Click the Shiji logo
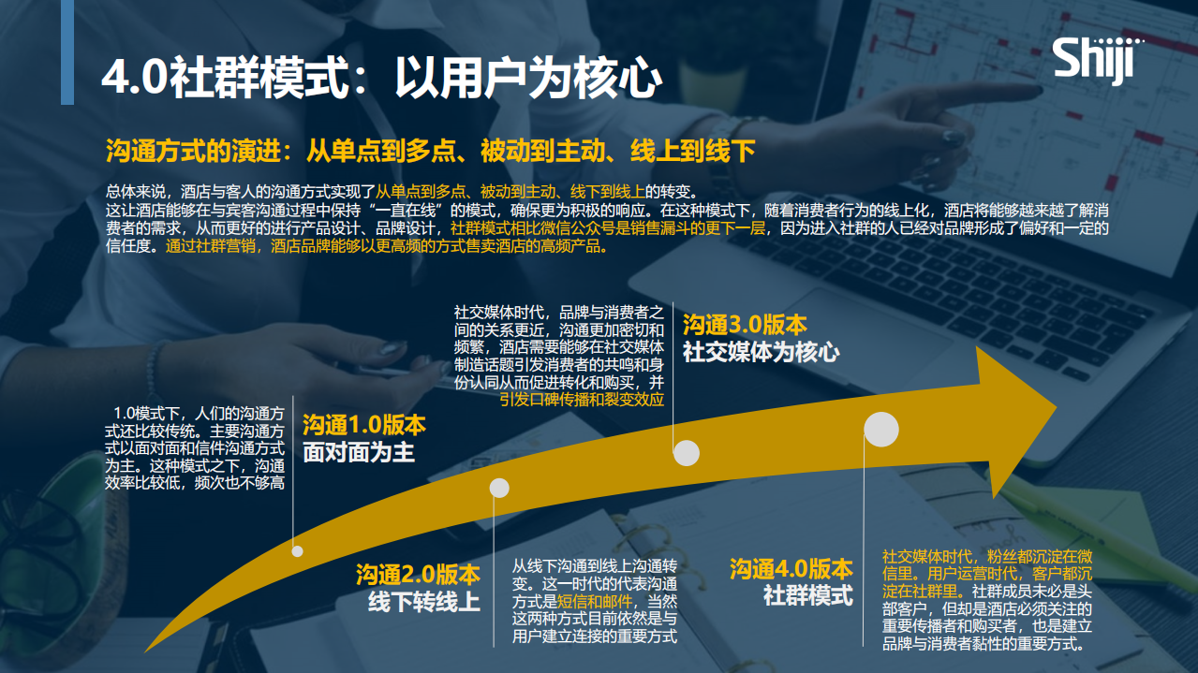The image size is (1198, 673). pyautogui.click(x=1093, y=61)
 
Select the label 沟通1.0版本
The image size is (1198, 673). pyautogui.click(x=363, y=425)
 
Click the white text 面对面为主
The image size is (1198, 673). pyautogui.click(x=358, y=453)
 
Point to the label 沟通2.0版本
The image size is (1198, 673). pyautogui.click(x=417, y=574)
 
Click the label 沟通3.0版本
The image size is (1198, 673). pyautogui.click(x=745, y=325)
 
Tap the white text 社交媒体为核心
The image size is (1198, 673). pyautogui.click(x=761, y=353)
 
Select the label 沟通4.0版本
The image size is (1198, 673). pyautogui.click(x=791, y=568)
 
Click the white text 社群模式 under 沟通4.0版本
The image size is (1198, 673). pyautogui.click(x=807, y=595)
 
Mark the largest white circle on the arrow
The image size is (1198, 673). pyautogui.click(x=881, y=429)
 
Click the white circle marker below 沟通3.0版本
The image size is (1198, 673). pyautogui.click(x=687, y=453)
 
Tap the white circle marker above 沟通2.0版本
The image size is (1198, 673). pyautogui.click(x=499, y=488)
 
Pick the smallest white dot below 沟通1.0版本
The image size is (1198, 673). pyautogui.click(x=298, y=550)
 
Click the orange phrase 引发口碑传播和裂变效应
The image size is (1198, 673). pyautogui.click(x=581, y=400)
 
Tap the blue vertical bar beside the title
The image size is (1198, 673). pyautogui.click(x=67, y=52)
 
